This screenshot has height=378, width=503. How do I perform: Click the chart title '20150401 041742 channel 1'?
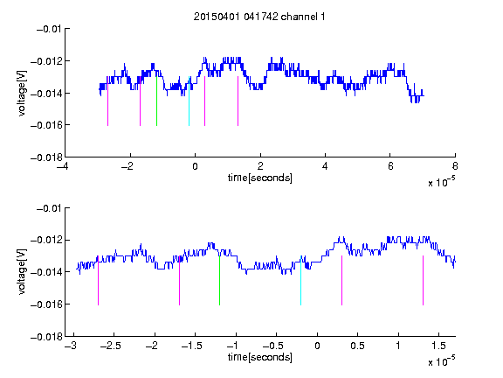pyautogui.click(x=259, y=17)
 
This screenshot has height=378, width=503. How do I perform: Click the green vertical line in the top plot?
pyautogui.click(x=156, y=101)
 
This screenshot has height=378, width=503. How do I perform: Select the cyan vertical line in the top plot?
pyautogui.click(x=189, y=101)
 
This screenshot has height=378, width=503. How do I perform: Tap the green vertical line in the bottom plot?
pyautogui.click(x=219, y=281)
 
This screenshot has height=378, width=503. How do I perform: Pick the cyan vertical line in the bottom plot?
pyautogui.click(x=300, y=281)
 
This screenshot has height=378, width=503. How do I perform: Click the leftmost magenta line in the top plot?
pyautogui.click(x=107, y=105)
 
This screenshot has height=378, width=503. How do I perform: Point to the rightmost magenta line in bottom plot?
pyautogui.click(x=423, y=281)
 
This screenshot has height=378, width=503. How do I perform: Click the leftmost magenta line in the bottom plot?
pyautogui.click(x=98, y=281)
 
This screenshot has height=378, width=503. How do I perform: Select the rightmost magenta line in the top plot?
pyautogui.click(x=238, y=101)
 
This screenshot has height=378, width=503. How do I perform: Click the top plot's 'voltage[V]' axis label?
pyautogui.click(x=22, y=94)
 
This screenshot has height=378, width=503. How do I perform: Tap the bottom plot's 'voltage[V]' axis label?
pyautogui.click(x=22, y=272)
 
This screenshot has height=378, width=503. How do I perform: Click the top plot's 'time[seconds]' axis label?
pyautogui.click(x=260, y=178)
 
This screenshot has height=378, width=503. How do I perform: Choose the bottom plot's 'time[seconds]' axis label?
pyautogui.click(x=260, y=357)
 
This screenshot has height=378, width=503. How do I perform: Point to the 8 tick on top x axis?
pyautogui.click(x=455, y=166)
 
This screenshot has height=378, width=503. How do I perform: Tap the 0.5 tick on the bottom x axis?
pyautogui.click(x=358, y=346)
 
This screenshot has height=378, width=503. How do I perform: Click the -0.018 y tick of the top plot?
pyautogui.click(x=46, y=157)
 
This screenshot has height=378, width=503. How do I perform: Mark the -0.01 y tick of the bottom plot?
pyautogui.click(x=48, y=208)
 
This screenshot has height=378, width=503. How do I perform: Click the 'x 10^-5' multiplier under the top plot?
pyautogui.click(x=441, y=182)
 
